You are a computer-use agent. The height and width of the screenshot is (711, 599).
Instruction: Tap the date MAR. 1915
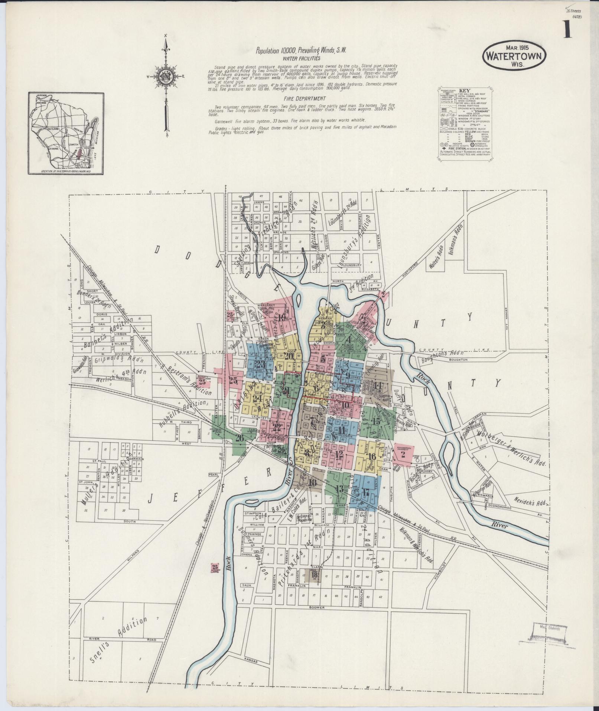point(514,48)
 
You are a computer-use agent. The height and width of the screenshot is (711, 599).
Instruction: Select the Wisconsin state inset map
point(66,133)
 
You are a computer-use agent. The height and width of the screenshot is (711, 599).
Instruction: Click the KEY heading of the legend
point(464,90)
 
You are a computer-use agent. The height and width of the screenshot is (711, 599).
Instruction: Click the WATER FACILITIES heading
point(301,58)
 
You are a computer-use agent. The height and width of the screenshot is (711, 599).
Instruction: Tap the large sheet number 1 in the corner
point(567,30)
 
